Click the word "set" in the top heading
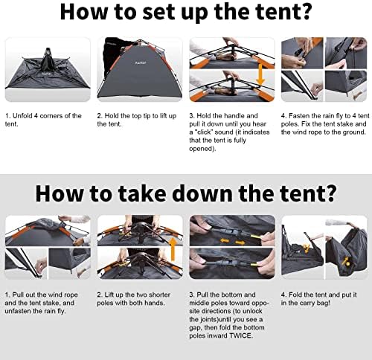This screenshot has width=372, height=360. [158, 12]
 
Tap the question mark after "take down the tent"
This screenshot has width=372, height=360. [330, 193]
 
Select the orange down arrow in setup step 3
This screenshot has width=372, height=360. [260, 74]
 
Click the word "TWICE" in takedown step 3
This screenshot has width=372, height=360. [240, 335]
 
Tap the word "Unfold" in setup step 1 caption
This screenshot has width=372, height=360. [22, 116]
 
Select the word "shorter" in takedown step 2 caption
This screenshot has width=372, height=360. [158, 295]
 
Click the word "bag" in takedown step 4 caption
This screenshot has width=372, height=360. [323, 303]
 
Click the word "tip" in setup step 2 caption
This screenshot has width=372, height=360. [147, 116]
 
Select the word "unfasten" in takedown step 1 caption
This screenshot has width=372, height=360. [17, 311]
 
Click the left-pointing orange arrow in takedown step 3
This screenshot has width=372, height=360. [225, 240]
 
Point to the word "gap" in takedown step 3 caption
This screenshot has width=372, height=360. [195, 328]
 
